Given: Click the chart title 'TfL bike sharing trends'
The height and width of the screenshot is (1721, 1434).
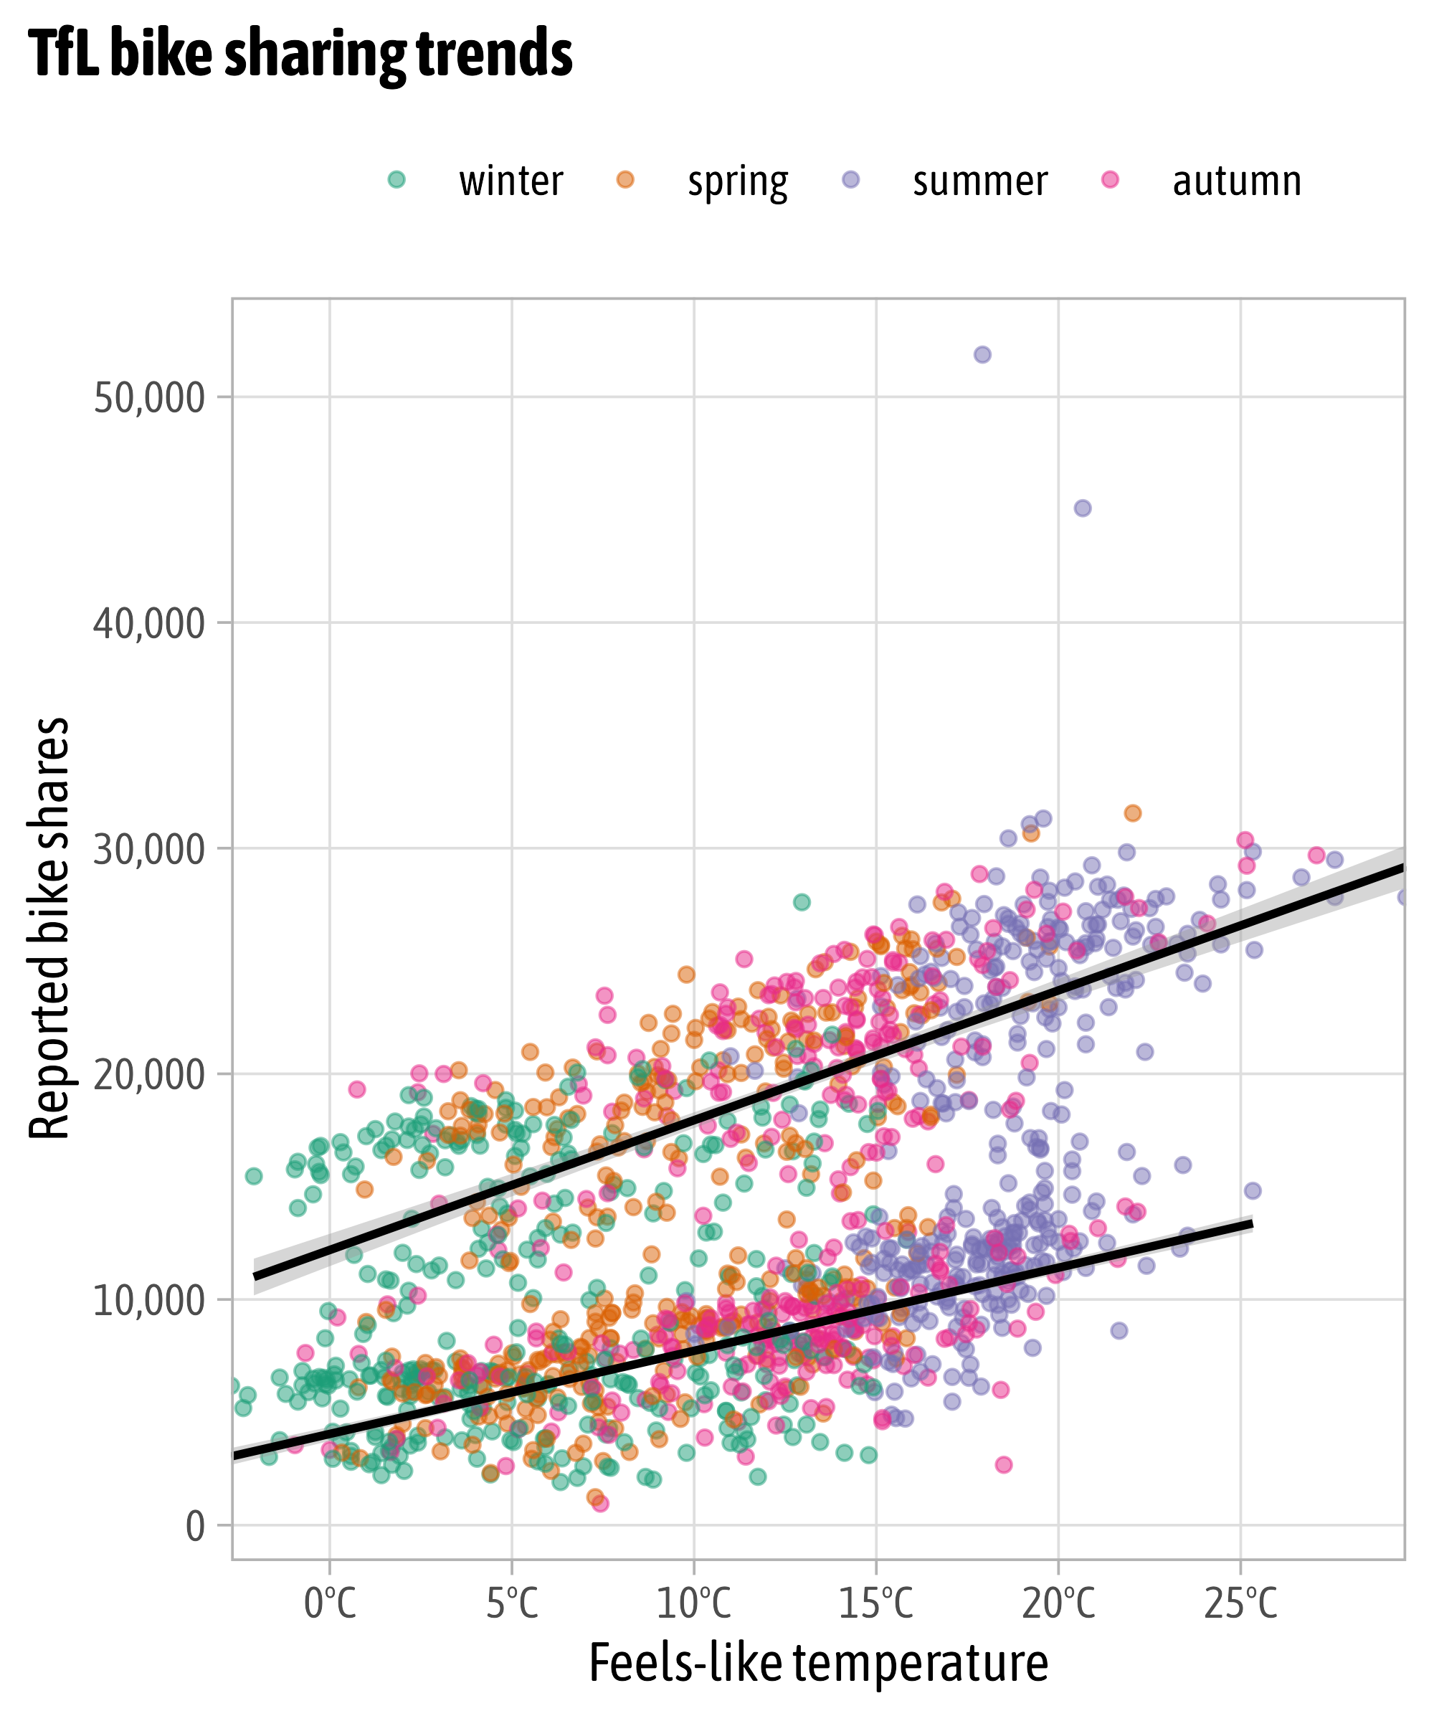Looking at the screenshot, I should pos(300,53).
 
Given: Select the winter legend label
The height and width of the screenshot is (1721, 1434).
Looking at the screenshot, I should pos(511,181).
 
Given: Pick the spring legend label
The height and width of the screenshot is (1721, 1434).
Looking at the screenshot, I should pos(738,181).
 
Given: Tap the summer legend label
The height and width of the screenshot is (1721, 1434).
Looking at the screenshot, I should pos(980,181).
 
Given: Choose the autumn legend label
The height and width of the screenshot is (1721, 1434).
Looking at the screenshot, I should pos(1237,181).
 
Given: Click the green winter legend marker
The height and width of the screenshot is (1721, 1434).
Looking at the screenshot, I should pos(397,179).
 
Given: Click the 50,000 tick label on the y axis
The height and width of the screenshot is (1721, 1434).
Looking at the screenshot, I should pos(148,398).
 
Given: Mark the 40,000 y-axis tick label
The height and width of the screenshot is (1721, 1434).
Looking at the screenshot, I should pos(148,624).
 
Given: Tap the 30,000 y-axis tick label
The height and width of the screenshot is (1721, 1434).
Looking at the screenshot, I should pos(148,850).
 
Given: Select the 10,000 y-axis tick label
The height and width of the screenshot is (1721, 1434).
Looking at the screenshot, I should pos(148,1301).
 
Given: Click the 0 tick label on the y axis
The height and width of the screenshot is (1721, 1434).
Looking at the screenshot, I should pos(195,1527).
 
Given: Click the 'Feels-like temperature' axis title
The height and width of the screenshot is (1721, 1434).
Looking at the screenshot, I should pos(818,1664).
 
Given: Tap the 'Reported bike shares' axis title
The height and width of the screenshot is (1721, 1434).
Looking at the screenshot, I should pos(49,928).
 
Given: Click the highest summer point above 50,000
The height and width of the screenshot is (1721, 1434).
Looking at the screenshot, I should pos(982,355).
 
